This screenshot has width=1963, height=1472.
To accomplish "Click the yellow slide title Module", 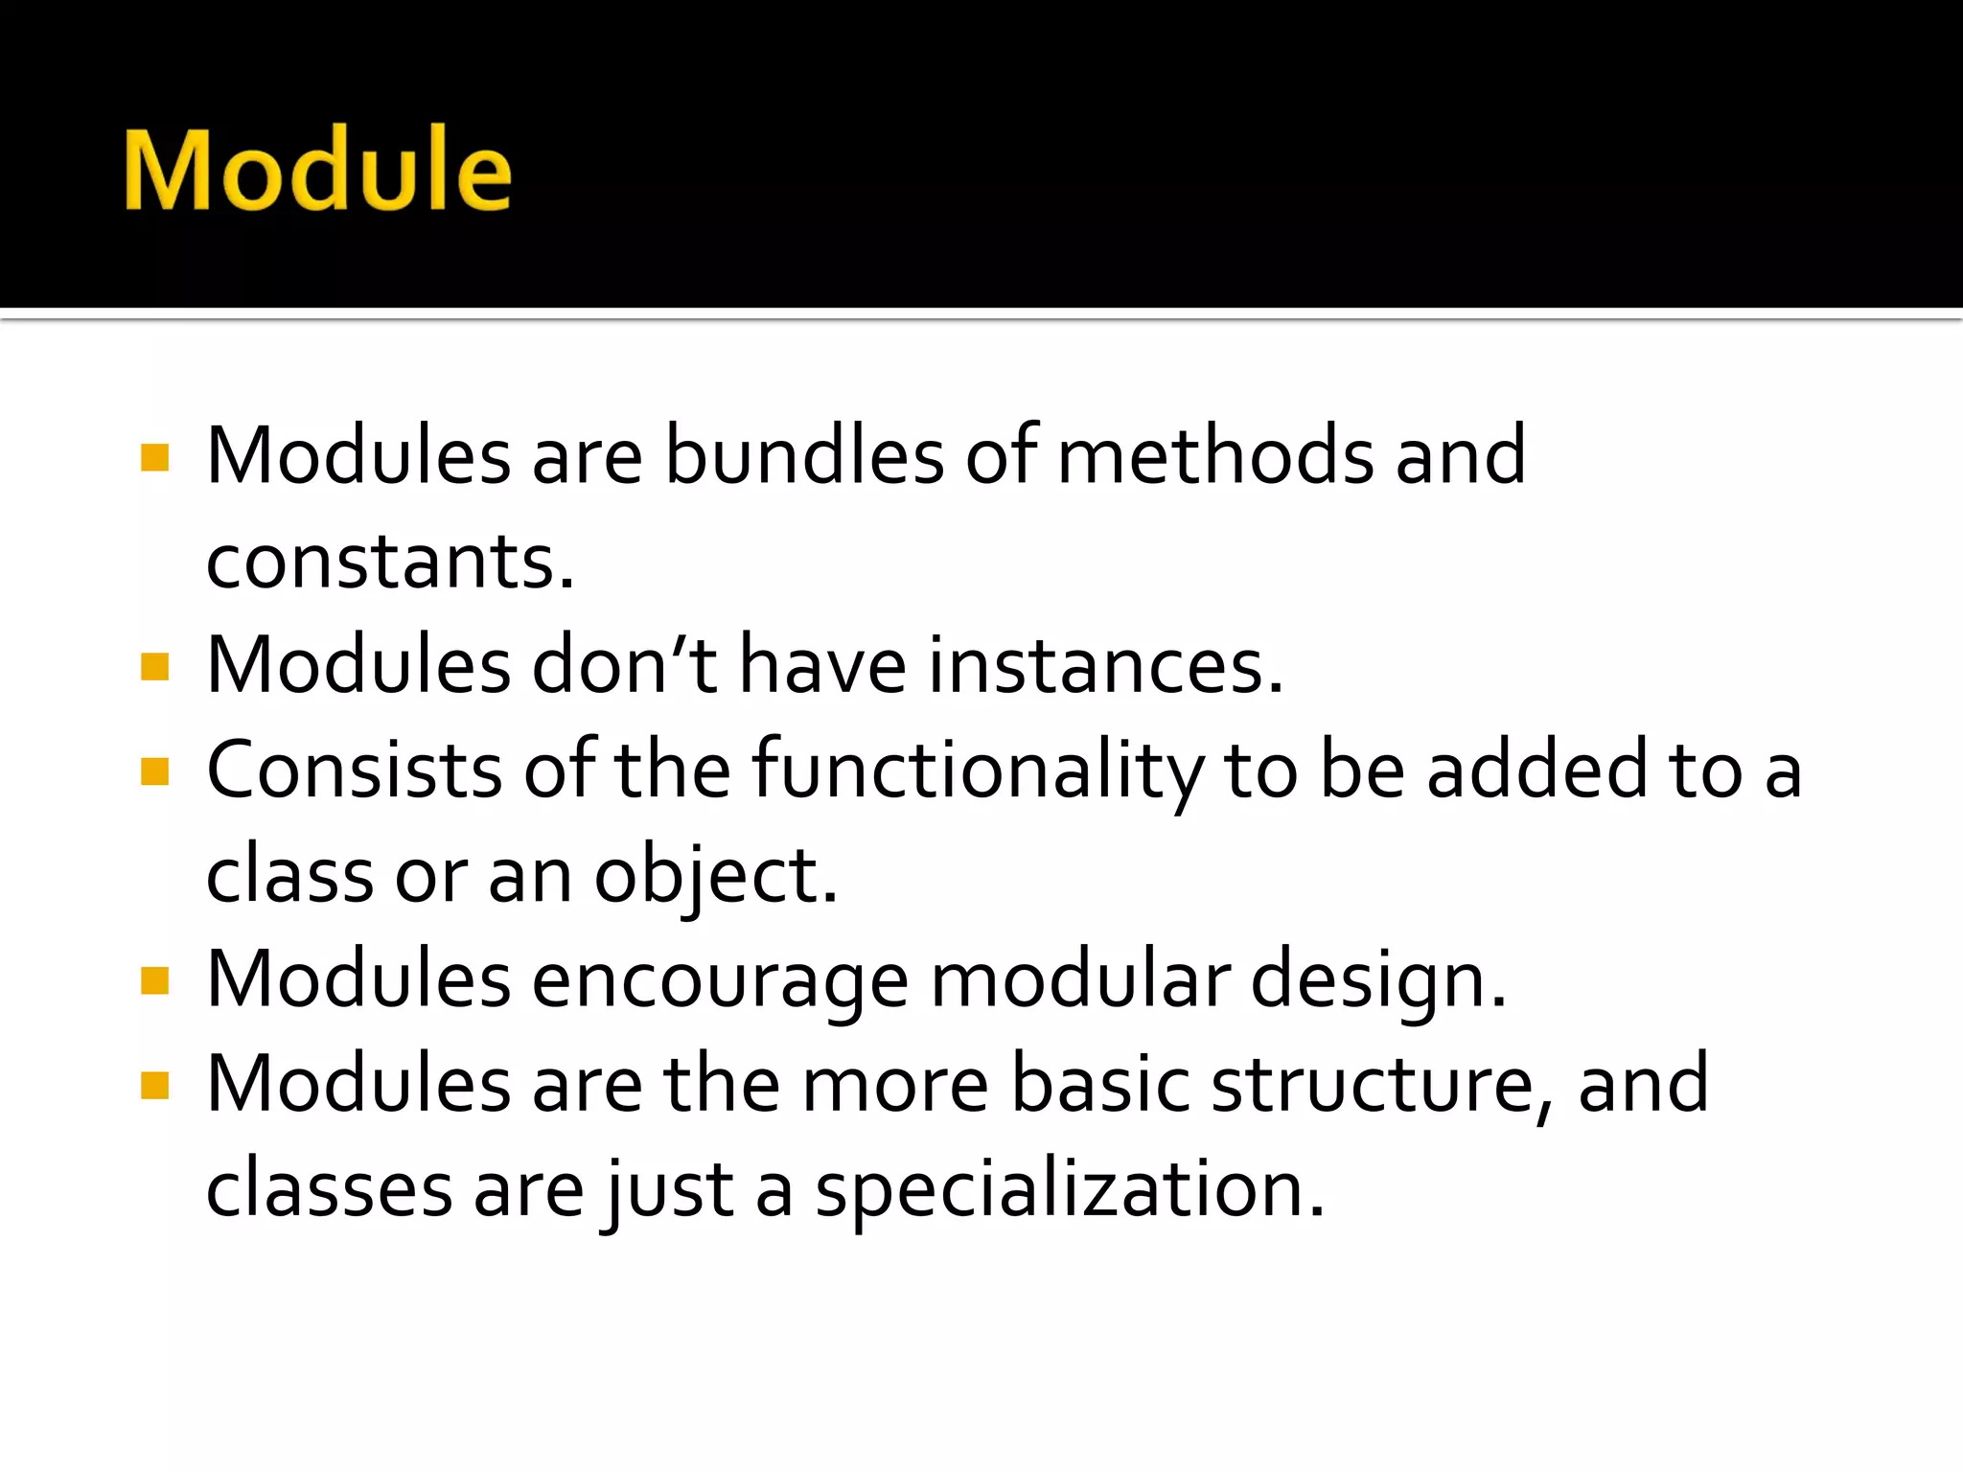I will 317,170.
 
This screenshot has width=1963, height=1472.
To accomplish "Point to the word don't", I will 624,666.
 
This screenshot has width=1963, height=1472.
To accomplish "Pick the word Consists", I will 354,770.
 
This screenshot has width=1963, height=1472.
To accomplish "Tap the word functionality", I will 977,772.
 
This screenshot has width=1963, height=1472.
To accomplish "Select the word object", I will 714,876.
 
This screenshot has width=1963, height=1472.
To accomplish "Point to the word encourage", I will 719,983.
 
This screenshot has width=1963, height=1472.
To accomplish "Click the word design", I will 1377,983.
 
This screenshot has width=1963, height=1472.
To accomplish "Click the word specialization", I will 1069,1192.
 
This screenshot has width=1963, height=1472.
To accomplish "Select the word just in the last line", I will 668,1192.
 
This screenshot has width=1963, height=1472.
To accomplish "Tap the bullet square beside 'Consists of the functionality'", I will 154,770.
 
